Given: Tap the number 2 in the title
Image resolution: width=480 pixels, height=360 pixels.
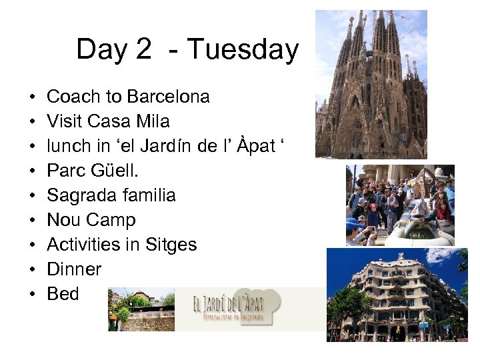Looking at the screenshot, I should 142,50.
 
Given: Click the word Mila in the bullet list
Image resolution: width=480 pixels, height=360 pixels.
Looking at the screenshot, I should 155,121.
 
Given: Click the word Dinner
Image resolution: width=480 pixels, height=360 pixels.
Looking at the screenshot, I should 74,269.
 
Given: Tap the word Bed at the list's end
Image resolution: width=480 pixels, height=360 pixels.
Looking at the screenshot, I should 63,294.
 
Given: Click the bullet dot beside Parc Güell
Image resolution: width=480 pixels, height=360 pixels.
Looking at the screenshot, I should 32,171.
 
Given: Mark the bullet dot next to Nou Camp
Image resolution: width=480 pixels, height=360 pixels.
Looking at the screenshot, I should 32,221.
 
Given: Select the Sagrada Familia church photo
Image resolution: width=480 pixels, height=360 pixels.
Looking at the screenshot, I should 371,84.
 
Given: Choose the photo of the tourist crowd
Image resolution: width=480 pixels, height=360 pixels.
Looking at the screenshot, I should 399,205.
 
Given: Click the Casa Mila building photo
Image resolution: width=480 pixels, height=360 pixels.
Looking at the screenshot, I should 397,295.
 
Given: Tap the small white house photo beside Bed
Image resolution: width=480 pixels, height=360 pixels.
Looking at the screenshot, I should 141,309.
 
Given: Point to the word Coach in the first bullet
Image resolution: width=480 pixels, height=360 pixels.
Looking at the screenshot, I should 71,97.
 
